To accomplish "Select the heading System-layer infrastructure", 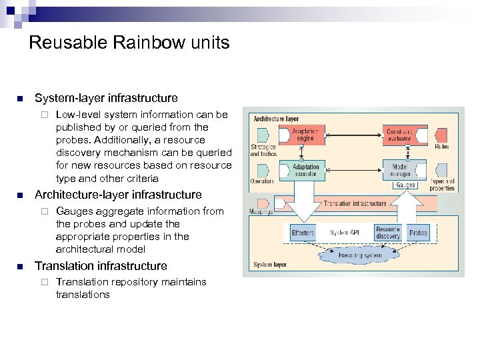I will (x=106, y=98).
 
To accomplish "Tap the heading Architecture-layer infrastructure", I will (x=117, y=195).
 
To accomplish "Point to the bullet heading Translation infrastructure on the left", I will (x=101, y=265).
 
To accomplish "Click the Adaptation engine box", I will (x=305, y=136).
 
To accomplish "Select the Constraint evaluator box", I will (x=404, y=136).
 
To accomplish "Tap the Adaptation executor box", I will (x=305, y=170).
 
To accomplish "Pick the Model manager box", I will (x=404, y=170).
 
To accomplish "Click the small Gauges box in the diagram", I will (x=405, y=185).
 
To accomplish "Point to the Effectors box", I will (x=303, y=233).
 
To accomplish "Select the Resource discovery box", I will (x=387, y=233).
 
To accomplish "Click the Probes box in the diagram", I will (x=419, y=233).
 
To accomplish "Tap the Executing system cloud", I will (x=359, y=255).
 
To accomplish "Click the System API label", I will (x=345, y=233).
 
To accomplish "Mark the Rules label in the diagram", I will (x=441, y=147).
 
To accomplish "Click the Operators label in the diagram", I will (x=262, y=181).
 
